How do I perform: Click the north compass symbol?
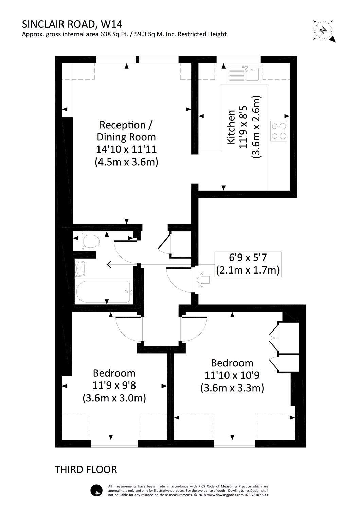point(324,30)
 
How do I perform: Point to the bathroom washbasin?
point(81,268)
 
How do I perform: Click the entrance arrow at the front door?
point(203,280)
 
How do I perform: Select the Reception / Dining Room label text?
point(126,131)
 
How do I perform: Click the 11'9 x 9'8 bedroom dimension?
point(114,385)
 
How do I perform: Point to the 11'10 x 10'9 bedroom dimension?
point(232,375)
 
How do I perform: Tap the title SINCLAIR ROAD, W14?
point(72,24)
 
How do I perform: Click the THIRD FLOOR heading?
point(86,469)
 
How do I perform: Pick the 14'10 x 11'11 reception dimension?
point(126,149)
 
